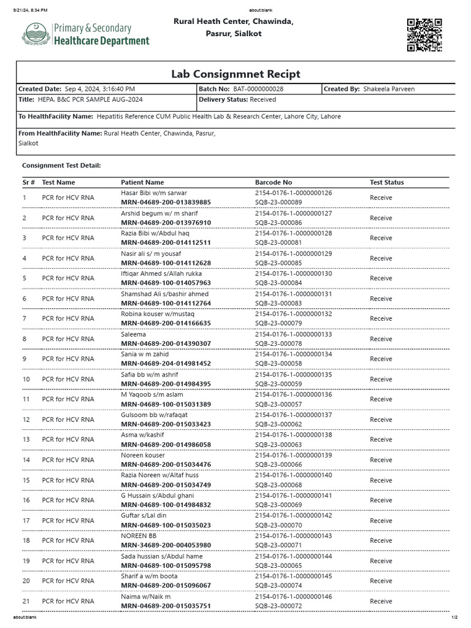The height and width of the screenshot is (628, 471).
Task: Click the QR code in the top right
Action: click(424, 36)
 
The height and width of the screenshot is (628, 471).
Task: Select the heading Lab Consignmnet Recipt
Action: click(235, 74)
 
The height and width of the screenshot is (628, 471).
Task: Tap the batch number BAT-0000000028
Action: click(258, 89)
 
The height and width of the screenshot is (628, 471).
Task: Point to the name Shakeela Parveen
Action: click(389, 89)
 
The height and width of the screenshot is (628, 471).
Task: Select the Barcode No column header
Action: click(274, 182)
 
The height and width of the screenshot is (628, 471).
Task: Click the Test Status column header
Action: click(386, 182)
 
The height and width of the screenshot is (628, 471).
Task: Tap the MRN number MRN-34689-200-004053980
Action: click(166, 545)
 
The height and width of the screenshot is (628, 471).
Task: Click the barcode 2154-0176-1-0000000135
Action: click(293, 374)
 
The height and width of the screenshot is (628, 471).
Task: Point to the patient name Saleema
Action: click(133, 334)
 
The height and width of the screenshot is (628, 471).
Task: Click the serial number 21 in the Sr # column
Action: click(26, 601)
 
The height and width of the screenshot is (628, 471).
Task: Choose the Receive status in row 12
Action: click(381, 419)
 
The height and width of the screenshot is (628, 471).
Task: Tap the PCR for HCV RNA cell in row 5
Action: click(68, 278)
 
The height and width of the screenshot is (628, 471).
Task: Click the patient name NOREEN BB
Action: click(139, 535)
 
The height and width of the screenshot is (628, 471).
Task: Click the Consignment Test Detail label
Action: click(61, 166)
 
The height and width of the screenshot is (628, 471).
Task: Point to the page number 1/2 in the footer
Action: click(454, 617)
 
